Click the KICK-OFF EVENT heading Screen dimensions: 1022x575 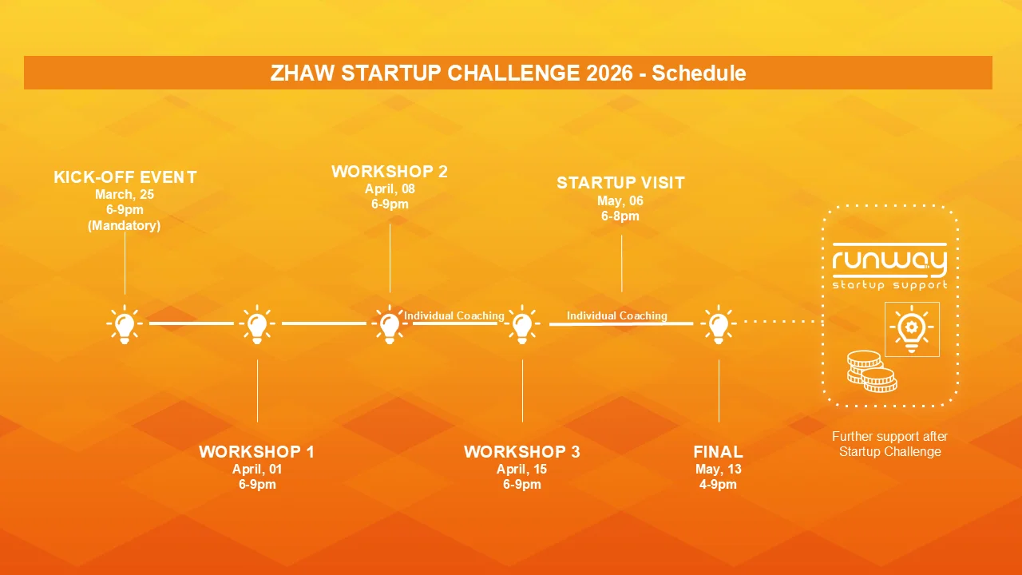[125, 177]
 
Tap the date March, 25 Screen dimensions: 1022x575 [125, 194]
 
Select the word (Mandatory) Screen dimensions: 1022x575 [124, 225]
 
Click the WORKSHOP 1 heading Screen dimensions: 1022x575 [256, 452]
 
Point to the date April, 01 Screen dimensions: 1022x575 [257, 469]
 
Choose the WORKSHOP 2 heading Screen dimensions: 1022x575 [390, 172]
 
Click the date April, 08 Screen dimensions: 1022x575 [390, 189]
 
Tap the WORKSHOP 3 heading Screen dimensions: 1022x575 [522, 452]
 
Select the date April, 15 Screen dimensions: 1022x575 [522, 469]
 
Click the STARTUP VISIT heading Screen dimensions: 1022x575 [620, 183]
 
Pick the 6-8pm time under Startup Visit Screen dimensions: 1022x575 [620, 216]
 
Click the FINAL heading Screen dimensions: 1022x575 [718, 452]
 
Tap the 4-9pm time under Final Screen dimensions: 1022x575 [718, 484]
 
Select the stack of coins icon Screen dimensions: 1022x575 [872, 371]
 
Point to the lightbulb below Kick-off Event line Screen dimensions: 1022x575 [125, 324]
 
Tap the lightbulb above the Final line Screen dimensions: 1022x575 [718, 324]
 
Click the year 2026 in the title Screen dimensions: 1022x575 [609, 73]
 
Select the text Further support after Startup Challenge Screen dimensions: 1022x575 [889, 444]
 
